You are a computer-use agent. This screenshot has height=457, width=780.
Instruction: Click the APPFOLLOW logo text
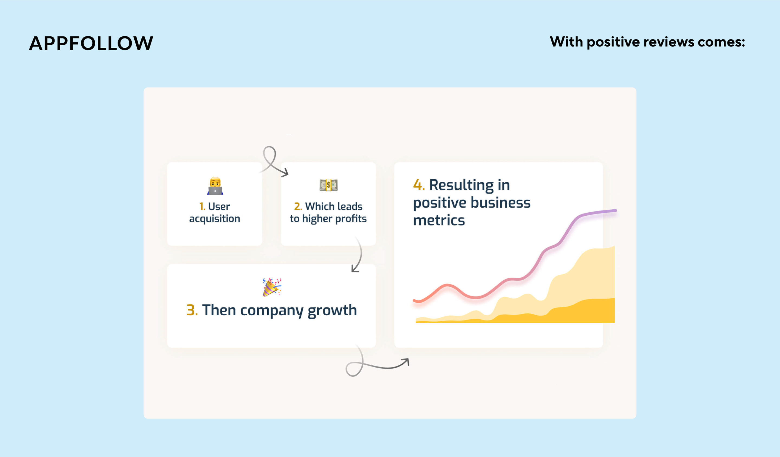pyautogui.click(x=91, y=43)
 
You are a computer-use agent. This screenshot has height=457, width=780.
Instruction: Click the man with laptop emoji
pyautogui.click(x=215, y=186)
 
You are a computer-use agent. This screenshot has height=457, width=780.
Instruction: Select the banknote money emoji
pyautogui.click(x=329, y=185)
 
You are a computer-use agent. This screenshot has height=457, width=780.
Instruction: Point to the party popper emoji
pyautogui.click(x=272, y=287)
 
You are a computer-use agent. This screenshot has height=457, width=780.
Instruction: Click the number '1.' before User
pyautogui.click(x=202, y=206)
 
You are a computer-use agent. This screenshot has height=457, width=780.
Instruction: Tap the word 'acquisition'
pyautogui.click(x=214, y=219)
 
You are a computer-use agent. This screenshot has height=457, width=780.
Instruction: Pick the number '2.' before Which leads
pyautogui.click(x=298, y=206)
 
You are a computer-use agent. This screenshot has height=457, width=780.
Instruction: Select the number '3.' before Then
pyautogui.click(x=192, y=310)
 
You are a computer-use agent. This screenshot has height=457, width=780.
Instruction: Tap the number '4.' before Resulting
pyautogui.click(x=419, y=185)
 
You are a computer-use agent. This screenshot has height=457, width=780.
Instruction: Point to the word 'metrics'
pyautogui.click(x=439, y=221)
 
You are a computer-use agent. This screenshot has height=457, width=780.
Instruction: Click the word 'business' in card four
pyautogui.click(x=500, y=203)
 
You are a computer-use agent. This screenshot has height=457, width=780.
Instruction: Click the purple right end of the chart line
pyautogui.click(x=615, y=210)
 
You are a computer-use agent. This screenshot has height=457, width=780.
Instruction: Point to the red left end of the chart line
pyautogui.click(x=415, y=300)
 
